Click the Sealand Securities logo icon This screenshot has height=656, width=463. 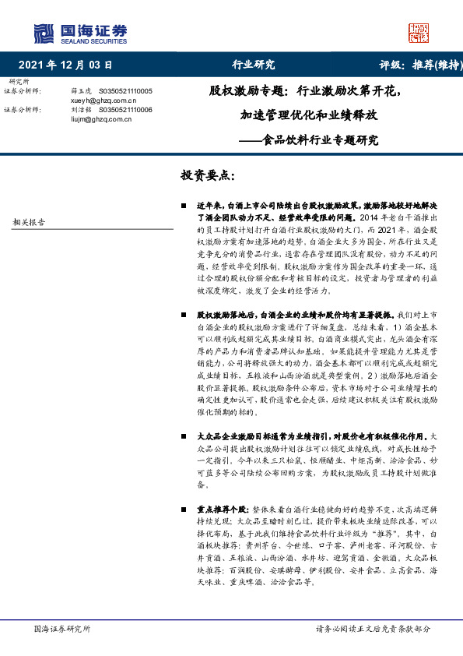[43, 34]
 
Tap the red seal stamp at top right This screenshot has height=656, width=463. [419, 33]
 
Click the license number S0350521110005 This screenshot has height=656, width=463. [126, 91]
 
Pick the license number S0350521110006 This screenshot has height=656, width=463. [126, 111]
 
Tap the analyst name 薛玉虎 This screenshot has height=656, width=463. [81, 91]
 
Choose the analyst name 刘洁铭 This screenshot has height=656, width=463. [81, 111]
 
